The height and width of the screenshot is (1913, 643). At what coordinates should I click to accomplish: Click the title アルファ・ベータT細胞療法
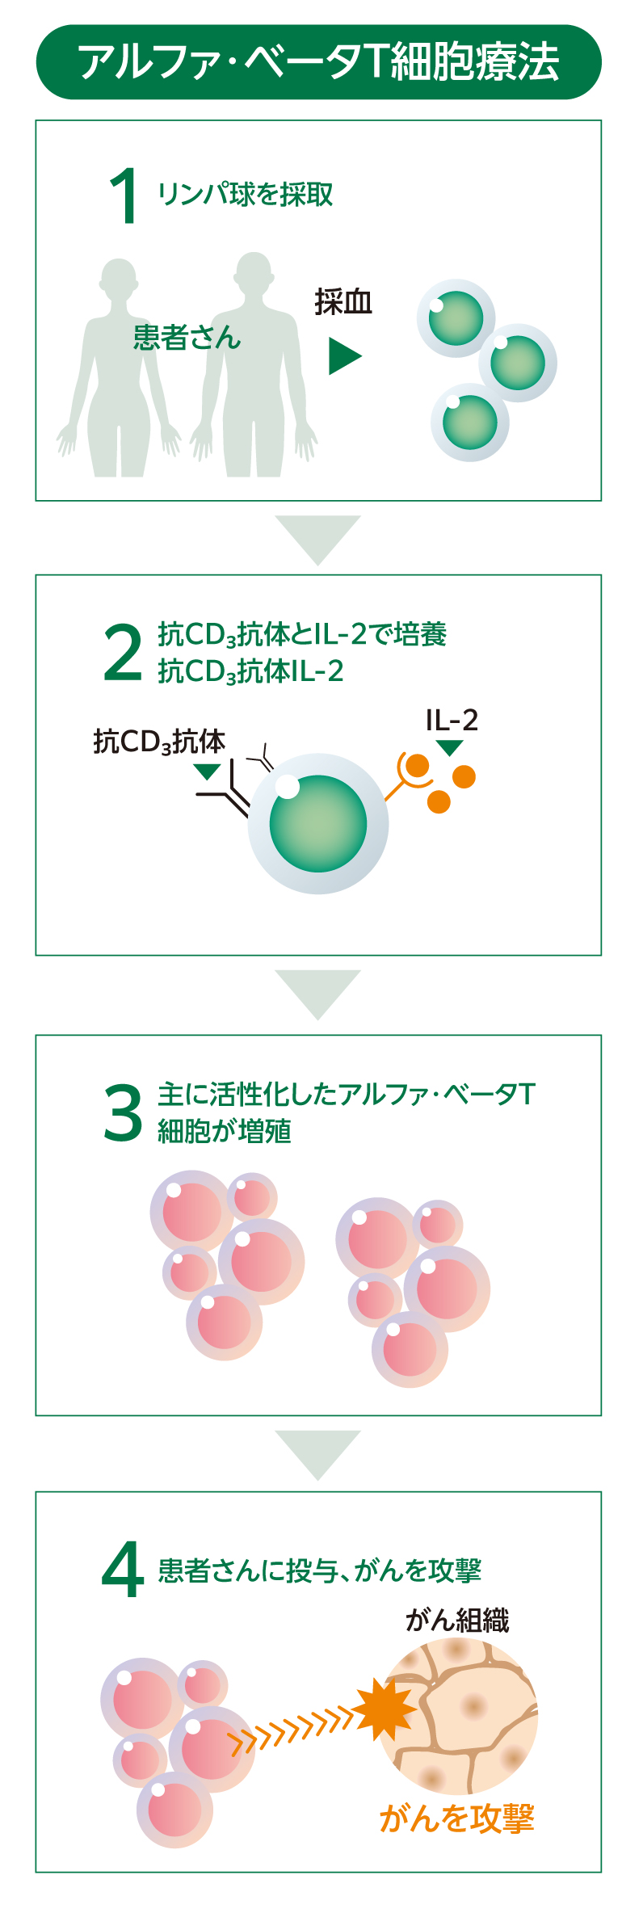click(318, 62)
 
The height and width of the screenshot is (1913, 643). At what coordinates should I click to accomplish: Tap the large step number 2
click(123, 654)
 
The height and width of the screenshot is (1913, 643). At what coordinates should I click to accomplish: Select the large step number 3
click(123, 1113)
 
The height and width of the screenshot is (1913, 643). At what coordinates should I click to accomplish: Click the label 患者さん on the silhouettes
click(187, 338)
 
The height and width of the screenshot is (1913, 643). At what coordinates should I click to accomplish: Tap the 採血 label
click(343, 302)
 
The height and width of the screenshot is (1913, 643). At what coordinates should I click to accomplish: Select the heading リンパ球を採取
click(245, 195)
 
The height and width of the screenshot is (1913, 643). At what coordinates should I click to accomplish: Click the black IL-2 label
click(452, 720)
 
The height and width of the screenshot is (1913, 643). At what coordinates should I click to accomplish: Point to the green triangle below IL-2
click(449, 747)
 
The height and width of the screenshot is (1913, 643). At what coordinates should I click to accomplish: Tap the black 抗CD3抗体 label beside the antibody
click(159, 742)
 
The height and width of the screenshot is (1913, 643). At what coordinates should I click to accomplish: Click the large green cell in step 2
click(318, 823)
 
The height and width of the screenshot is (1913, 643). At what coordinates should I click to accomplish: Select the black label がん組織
click(457, 1620)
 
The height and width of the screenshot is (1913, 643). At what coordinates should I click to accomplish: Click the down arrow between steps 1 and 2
click(317, 538)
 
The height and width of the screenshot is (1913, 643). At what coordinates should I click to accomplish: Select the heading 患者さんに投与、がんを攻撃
click(319, 1570)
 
